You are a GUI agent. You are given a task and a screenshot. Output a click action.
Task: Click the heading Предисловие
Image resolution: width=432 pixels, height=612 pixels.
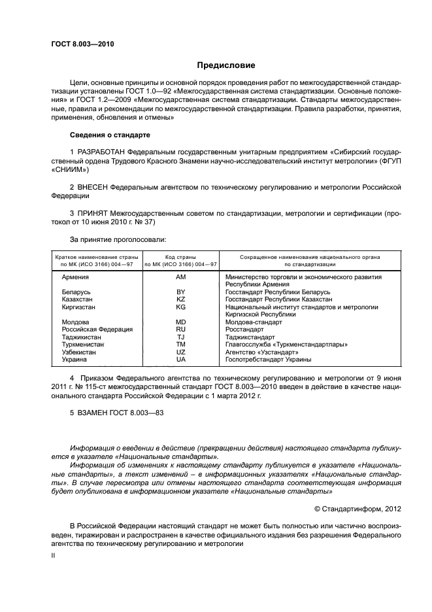pyautogui.click(x=226, y=65)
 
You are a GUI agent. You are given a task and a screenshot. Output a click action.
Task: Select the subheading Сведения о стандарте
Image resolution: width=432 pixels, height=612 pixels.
pyautogui.click(x=110, y=135)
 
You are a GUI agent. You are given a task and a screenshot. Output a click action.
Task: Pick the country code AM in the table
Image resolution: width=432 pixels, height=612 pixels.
pyautogui.click(x=181, y=277)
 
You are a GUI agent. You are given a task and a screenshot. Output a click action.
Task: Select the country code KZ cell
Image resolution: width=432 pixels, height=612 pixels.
pyautogui.click(x=181, y=299)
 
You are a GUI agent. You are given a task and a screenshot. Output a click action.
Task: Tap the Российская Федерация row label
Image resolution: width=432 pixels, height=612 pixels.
pyautogui.click(x=97, y=330)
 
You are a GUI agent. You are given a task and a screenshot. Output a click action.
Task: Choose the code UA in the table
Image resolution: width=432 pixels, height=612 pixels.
pyautogui.click(x=181, y=360)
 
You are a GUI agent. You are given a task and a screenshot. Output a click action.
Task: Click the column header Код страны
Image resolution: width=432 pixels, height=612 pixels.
pyautogui.click(x=181, y=258)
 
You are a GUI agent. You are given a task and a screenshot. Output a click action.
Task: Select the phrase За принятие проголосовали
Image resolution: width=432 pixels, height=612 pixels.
pyautogui.click(x=113, y=239)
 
